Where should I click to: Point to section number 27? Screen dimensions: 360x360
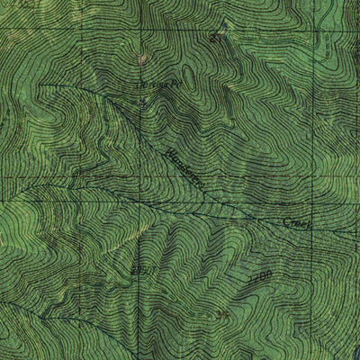pyautogui.click(x=213, y=38)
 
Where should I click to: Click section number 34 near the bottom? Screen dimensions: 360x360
pyautogui.click(x=222, y=314)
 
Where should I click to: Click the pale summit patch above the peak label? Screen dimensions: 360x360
pyautogui.click(x=142, y=59)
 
